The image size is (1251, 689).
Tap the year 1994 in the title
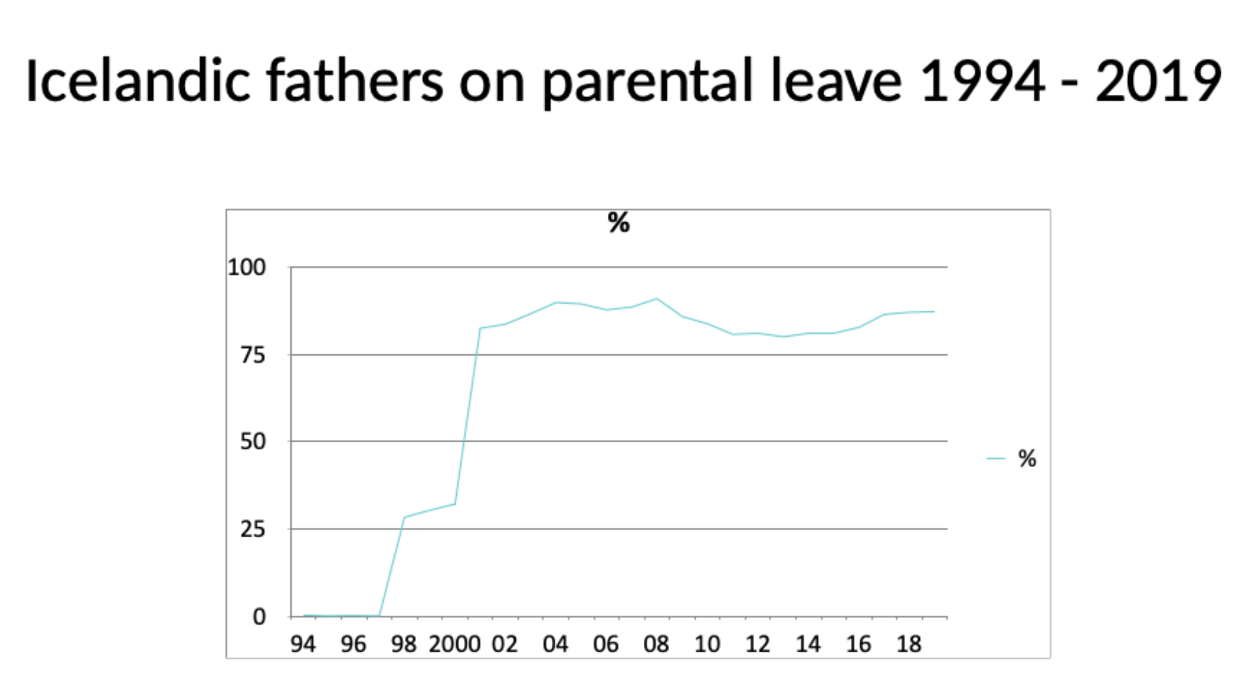click(x=983, y=81)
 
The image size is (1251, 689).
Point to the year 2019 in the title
click(x=1159, y=81)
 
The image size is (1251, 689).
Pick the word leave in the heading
click(x=836, y=80)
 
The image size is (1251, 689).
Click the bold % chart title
click(x=618, y=223)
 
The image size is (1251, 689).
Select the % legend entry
click(x=1027, y=458)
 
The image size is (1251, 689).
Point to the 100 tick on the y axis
click(x=247, y=267)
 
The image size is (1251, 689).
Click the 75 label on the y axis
click(x=253, y=355)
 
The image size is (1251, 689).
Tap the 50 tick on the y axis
click(x=253, y=442)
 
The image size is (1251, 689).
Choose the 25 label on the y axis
click(x=253, y=529)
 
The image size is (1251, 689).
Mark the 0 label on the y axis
click(x=259, y=617)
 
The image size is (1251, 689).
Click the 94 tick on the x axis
click(x=303, y=643)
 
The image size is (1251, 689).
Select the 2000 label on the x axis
click(x=455, y=643)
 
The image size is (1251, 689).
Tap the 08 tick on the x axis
click(x=656, y=643)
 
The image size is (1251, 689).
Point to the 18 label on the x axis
click(x=909, y=643)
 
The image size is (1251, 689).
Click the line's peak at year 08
click(x=657, y=299)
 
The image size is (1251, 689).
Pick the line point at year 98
click(x=404, y=517)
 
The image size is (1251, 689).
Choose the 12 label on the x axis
click(x=758, y=643)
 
